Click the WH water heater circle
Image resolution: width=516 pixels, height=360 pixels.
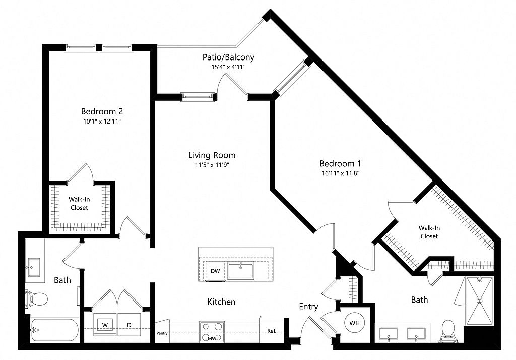[354, 323]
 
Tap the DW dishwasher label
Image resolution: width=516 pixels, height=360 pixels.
[215, 271]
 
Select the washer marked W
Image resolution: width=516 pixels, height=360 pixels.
[105, 325]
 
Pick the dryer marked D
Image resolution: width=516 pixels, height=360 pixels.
[130, 325]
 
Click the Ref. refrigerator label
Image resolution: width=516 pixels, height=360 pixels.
[272, 331]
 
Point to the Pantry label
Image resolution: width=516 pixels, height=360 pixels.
[162, 333]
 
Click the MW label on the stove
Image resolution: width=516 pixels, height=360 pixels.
[212, 338]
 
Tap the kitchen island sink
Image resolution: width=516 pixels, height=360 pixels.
[241, 270]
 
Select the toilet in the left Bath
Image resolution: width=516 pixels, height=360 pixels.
[36, 299]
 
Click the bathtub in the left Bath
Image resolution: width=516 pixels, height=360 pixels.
[54, 330]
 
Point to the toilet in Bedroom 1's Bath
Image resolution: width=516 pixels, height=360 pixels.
[448, 331]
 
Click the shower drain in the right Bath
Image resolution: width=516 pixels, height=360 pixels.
[480, 301]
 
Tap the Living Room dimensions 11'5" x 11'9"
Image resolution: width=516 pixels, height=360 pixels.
[212, 165]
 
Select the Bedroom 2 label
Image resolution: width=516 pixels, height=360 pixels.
[102, 111]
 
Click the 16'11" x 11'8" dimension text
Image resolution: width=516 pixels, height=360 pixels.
[340, 173]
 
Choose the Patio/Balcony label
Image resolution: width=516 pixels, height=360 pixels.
[228, 57]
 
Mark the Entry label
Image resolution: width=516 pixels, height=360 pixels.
[308, 307]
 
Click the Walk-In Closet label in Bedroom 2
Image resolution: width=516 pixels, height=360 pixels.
[79, 203]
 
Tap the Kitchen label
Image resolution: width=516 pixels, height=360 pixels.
[222, 302]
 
